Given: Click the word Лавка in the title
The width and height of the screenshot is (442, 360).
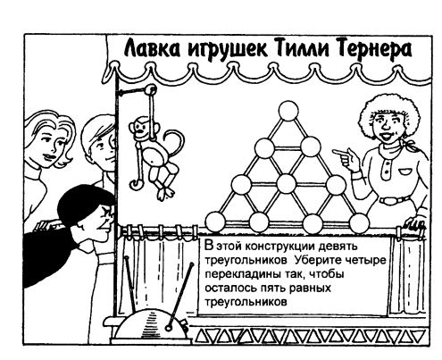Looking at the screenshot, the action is pos(152,48).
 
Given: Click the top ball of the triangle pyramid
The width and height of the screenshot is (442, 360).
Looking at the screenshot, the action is pos(288,111).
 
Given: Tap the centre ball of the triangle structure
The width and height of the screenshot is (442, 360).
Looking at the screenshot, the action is pos(286,184).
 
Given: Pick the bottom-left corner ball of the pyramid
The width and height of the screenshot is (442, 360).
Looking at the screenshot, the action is pos(215,222).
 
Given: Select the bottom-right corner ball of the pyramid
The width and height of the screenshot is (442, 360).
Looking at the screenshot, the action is pos(359,222).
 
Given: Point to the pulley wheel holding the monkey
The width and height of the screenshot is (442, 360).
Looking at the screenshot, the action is pos(151,89).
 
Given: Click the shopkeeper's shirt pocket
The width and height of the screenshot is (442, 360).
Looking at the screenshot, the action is pos(405,172).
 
